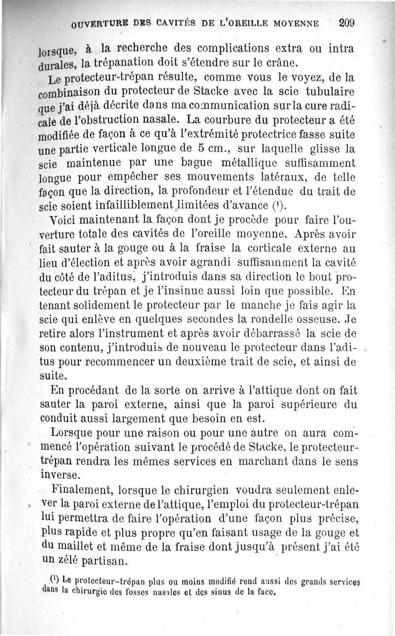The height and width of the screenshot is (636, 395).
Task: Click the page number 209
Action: (347, 23)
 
